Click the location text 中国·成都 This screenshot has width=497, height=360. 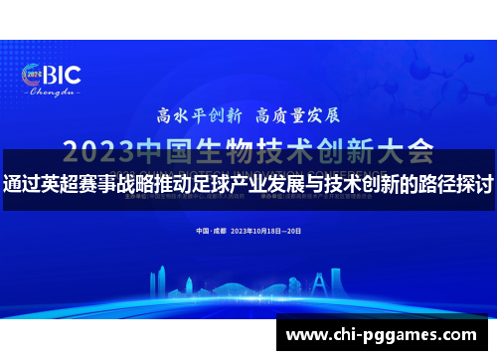210,231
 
